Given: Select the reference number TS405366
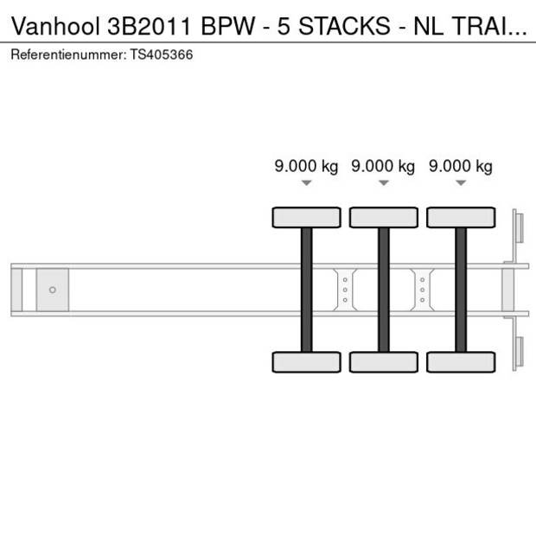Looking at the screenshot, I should coord(161,54).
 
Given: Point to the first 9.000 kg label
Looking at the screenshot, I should coord(306,166).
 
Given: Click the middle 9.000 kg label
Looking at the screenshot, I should coord(383,166).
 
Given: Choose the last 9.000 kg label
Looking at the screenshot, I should coord(461,166).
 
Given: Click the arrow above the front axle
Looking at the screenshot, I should coord(306,182).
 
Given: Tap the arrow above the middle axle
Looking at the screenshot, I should coord(383,182).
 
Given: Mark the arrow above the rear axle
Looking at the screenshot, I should coord(461,182).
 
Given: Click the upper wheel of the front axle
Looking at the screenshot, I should coord(306,217).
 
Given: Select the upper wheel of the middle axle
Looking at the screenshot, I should coord(383,217).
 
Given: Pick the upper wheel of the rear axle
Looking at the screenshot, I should coord(461,217).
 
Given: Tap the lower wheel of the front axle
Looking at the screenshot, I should coord(306,361).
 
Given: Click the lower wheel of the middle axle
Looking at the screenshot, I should coord(383,361).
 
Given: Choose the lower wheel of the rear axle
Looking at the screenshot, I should coord(461,361).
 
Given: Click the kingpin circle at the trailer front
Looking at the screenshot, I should coord(52,290).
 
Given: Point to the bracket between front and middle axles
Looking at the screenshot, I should coord(345,289).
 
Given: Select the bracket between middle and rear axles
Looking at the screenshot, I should coord(422,289).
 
